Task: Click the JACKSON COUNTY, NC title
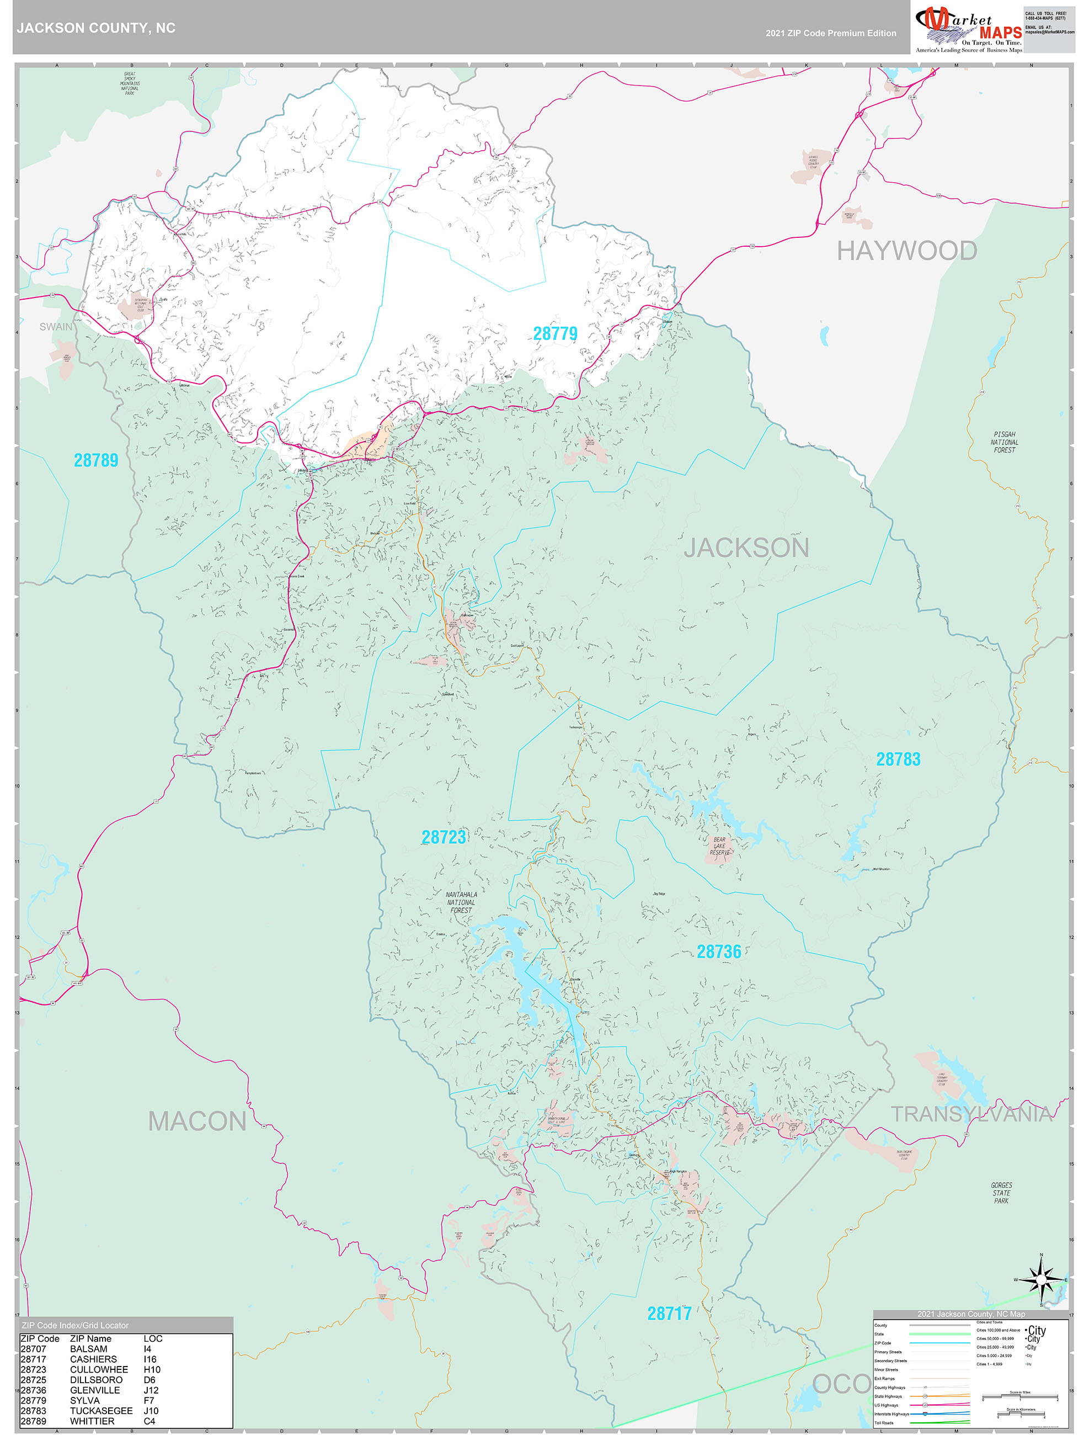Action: coord(96,28)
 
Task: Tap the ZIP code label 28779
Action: coord(554,333)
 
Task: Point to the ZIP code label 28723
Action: coord(444,837)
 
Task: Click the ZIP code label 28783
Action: coord(898,759)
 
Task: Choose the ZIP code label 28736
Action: coord(719,952)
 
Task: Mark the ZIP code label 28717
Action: coord(669,1314)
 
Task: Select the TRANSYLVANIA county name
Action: coord(971,1114)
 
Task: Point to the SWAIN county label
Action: coord(56,327)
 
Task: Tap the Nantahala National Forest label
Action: coord(461,902)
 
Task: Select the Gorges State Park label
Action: coord(1001,1192)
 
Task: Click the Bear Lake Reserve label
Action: coord(719,846)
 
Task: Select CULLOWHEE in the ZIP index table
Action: coord(99,1369)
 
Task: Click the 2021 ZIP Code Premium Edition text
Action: coord(830,33)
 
